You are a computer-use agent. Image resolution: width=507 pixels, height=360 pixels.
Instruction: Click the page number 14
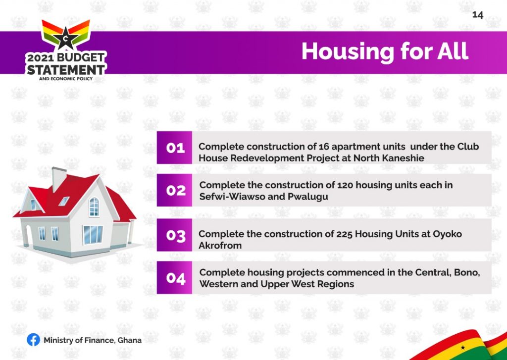coord(478,15)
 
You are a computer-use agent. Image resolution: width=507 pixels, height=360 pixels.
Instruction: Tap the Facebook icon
coord(33,340)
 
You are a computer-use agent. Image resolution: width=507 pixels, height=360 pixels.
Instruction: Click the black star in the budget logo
coord(66,38)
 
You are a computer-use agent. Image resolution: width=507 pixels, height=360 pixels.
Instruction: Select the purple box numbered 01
coord(174,148)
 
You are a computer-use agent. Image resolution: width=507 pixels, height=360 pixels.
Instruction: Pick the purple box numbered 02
coord(174,190)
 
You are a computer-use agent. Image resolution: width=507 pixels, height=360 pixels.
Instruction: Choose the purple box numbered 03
coord(174,235)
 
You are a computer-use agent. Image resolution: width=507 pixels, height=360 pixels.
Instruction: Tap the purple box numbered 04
coord(174,277)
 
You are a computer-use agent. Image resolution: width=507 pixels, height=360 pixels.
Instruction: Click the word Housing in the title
coord(348,52)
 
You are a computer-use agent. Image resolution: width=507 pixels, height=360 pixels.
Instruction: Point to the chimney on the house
coord(58,179)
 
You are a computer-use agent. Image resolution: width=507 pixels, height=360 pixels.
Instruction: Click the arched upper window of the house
coord(94,206)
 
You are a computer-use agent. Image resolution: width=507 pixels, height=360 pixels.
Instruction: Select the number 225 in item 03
coord(344,234)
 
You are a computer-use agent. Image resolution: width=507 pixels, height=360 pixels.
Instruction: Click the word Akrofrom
coord(220,246)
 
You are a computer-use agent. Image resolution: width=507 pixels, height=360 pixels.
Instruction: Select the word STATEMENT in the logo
coord(66,69)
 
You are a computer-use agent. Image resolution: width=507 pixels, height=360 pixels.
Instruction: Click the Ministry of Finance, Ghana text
coord(93,340)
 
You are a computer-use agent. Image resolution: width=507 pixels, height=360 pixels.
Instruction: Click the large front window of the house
coord(93,235)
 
